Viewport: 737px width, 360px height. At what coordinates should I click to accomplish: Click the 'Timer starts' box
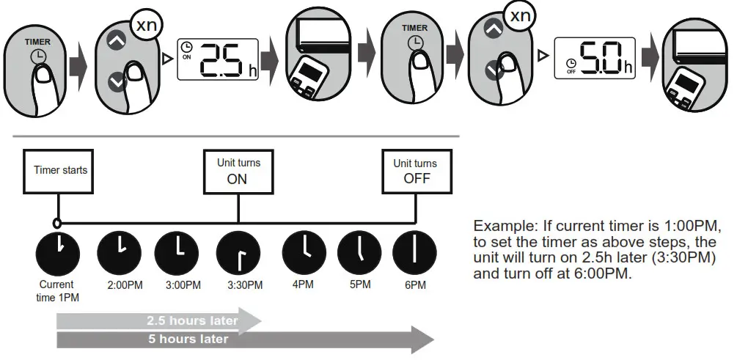pos(60,170)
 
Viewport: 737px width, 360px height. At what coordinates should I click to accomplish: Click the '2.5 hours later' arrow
pos(158,320)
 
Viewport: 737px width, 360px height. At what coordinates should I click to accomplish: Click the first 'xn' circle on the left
pos(147,26)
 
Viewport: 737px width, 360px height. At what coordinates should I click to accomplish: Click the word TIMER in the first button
pos(37,43)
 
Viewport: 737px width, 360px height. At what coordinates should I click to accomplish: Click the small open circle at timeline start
pos(56,222)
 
